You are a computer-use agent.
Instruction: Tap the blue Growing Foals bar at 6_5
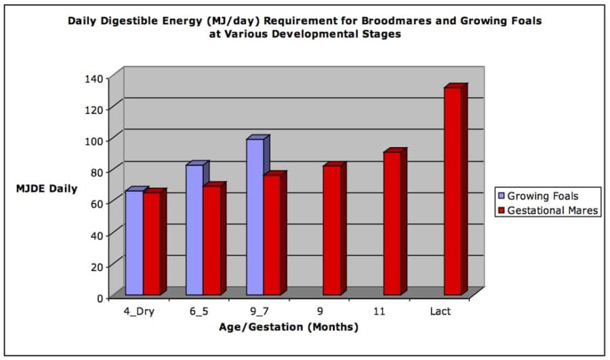[194, 230]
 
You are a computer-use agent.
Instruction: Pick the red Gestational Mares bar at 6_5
[211, 240]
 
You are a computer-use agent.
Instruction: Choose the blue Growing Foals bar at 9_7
[254, 217]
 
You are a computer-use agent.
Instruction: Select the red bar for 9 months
[331, 231]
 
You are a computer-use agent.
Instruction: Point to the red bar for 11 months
[392, 224]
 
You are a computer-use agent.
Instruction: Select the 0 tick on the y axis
[100, 298]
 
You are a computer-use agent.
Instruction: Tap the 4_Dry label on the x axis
[139, 312]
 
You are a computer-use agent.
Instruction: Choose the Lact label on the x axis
[441, 312]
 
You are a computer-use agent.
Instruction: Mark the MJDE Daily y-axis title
[47, 188]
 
